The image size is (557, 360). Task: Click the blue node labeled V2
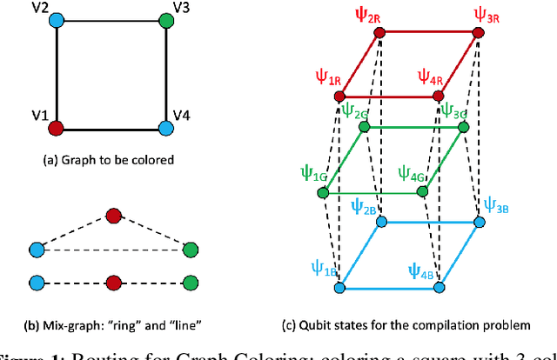click(57, 19)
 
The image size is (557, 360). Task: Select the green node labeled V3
click(164, 19)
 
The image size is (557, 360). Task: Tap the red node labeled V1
click(57, 129)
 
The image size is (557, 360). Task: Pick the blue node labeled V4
click(164, 129)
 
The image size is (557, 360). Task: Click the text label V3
click(182, 8)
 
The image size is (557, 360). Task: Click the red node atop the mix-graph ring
click(112, 215)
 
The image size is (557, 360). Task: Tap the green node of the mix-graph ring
click(191, 250)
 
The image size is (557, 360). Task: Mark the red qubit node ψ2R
click(379, 33)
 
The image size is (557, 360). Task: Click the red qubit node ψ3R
click(478, 33)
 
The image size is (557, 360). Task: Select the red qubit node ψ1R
click(340, 97)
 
